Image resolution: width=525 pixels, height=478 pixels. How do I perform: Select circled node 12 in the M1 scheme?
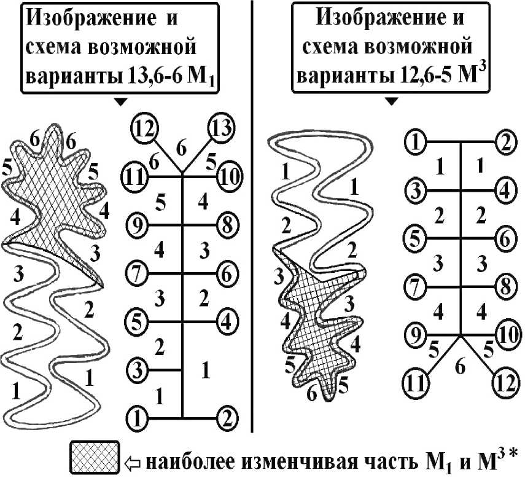coord(144,130)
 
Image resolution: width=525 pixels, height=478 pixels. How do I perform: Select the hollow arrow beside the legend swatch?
coord(133,458)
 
